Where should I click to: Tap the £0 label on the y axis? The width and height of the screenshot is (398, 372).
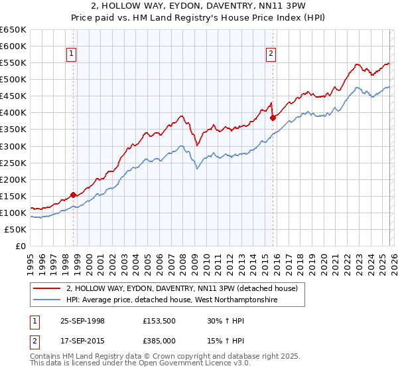click(x=21, y=246)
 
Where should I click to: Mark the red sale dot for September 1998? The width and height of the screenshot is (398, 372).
click(x=73, y=195)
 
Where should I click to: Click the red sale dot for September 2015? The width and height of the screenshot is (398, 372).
click(x=272, y=118)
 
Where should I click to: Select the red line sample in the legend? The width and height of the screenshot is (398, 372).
click(x=47, y=288)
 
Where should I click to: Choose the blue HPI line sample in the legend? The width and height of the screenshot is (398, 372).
click(x=47, y=300)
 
